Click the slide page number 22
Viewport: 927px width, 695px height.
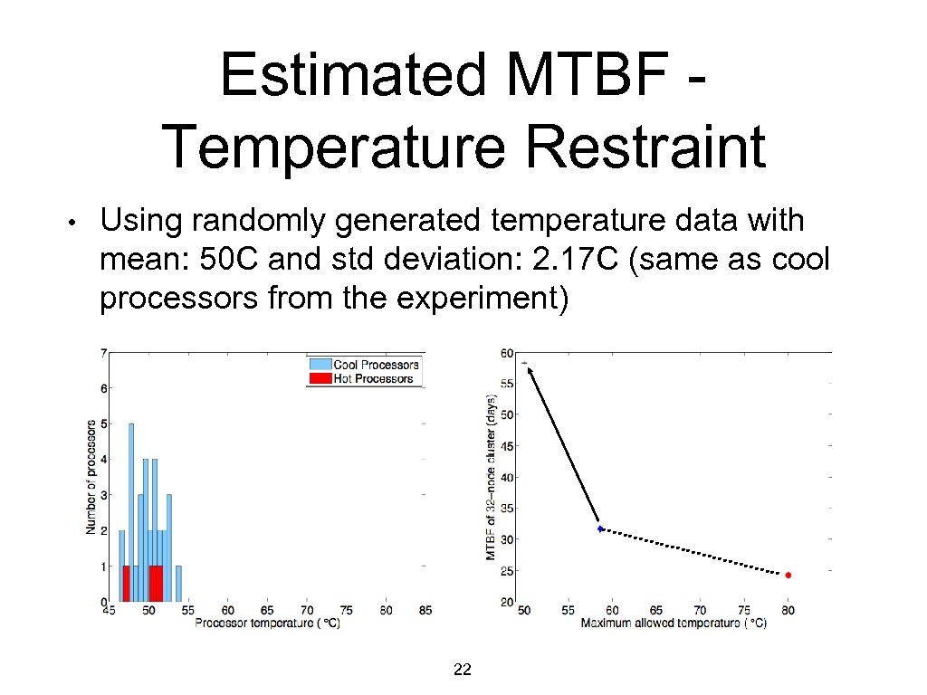click(x=462, y=670)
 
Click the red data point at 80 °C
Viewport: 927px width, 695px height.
click(x=788, y=575)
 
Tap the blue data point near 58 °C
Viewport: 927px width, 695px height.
click(x=600, y=528)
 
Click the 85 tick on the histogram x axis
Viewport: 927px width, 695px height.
click(x=425, y=612)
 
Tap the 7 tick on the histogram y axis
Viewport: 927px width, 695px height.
click(x=104, y=352)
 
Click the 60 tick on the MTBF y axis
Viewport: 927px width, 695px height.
click(x=508, y=353)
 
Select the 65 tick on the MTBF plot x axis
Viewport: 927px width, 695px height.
click(x=656, y=612)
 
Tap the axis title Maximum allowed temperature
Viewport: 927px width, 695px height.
click(x=673, y=624)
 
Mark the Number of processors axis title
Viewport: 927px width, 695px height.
click(x=91, y=475)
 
